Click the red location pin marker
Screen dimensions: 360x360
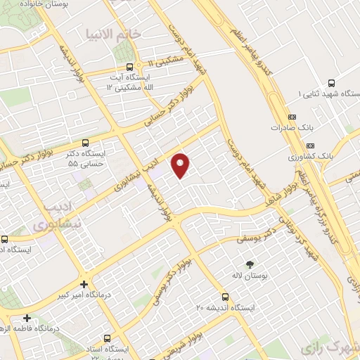(x=181, y=165)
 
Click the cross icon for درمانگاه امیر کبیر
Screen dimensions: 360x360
(x=84, y=284)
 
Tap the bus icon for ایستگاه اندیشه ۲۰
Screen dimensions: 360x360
(x=225, y=296)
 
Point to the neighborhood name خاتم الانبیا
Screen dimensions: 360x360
(x=114, y=33)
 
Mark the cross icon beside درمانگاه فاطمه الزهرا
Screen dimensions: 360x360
(x=27, y=318)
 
